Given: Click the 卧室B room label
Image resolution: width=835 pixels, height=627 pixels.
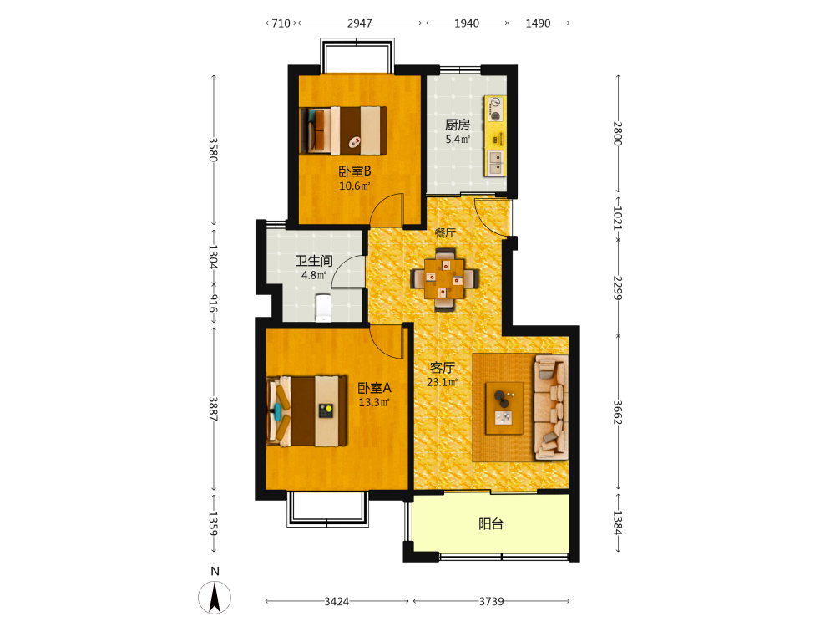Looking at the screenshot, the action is tap(355, 171).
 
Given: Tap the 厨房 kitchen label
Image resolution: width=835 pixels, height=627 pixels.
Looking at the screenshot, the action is tap(458, 125).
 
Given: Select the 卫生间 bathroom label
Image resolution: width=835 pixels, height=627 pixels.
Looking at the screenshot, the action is tap(314, 261).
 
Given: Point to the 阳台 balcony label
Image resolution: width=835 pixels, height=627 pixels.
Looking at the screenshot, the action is tap(490, 524).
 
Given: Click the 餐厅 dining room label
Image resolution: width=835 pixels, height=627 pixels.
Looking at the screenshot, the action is tap(445, 232).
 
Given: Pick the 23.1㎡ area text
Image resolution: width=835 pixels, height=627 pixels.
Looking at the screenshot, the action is tap(442, 382).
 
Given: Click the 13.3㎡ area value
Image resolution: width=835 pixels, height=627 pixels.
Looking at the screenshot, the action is tap(374, 402).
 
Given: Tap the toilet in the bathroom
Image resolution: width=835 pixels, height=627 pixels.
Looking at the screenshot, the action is tap(323, 308).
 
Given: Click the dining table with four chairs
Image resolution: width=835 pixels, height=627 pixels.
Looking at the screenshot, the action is tap(445, 278).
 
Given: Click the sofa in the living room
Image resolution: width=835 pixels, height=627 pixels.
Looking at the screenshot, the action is tap(550, 407).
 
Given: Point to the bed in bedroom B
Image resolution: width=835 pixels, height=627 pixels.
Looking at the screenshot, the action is tap(343, 130).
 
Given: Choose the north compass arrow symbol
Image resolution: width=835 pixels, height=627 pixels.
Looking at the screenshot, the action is tap(215, 597).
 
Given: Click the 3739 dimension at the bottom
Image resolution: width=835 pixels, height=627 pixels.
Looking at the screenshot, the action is tap(491, 601).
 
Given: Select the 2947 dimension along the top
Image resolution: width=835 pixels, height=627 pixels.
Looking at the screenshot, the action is tap(359, 23).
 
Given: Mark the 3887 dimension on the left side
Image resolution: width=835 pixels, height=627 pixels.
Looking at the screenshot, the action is tap(213, 409).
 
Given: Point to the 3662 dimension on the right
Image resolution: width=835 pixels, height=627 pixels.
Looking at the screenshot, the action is tap(618, 412).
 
